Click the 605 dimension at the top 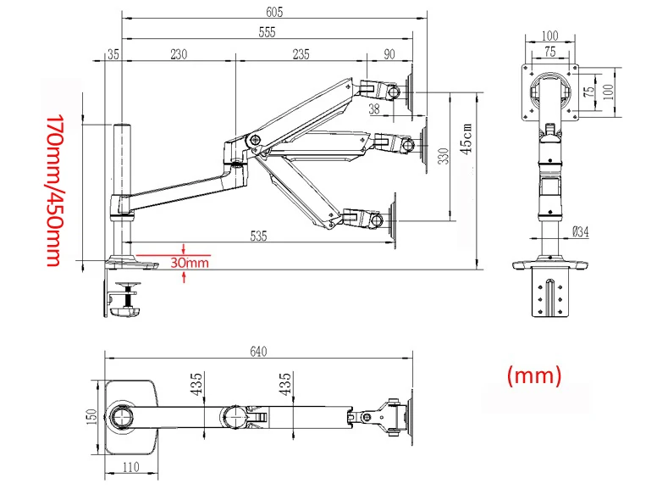pyautogui.click(x=273, y=12)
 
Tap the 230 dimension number pyautogui.click(x=178, y=54)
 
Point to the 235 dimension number pyautogui.click(x=301, y=54)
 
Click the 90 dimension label pyautogui.click(x=389, y=54)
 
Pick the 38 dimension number pyautogui.click(x=374, y=108)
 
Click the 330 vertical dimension pyautogui.click(x=444, y=158)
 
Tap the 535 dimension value pyautogui.click(x=258, y=236)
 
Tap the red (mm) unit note pyautogui.click(x=534, y=374)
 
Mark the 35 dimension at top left pyautogui.click(x=113, y=54)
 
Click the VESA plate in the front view pyautogui.click(x=551, y=92)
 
